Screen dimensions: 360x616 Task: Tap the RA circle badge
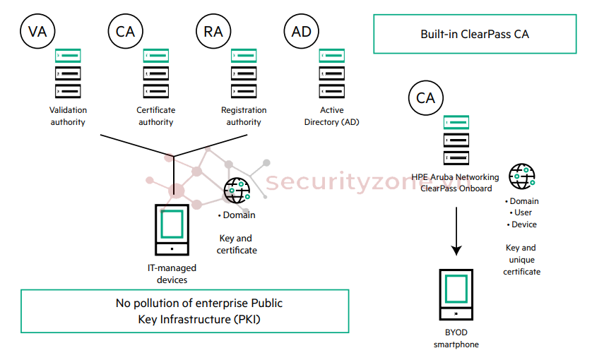click(213, 31)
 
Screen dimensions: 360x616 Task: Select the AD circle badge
click(301, 31)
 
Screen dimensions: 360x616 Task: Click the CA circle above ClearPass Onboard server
click(426, 97)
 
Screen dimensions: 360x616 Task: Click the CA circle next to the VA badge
click(126, 31)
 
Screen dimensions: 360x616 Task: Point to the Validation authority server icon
click(69, 73)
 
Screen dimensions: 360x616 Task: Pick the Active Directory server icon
click(332, 73)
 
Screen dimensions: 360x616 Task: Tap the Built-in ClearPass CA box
click(475, 34)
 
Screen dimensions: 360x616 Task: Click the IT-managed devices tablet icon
click(172, 229)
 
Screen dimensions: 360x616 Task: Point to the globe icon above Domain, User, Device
click(522, 176)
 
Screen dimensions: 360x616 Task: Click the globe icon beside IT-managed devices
click(237, 191)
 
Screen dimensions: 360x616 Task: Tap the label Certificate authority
click(156, 116)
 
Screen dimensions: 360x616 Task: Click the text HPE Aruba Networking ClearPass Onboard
click(456, 183)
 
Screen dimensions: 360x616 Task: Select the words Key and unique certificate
click(521, 260)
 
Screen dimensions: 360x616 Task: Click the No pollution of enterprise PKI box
click(185, 311)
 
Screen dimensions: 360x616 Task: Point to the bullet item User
click(522, 212)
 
